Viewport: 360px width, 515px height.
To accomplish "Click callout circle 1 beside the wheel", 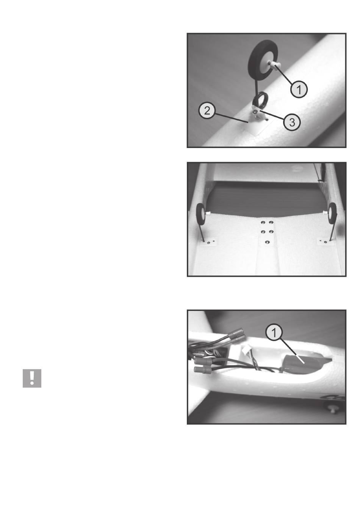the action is click(x=299, y=89).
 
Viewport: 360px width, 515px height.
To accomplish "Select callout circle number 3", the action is click(x=292, y=122).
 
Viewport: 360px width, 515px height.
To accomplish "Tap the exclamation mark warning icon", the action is click(x=32, y=378).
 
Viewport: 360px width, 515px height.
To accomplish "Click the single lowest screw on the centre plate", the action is click(x=267, y=242).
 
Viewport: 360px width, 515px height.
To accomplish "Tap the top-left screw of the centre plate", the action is click(x=263, y=223).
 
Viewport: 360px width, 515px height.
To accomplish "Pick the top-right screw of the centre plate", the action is click(x=271, y=223).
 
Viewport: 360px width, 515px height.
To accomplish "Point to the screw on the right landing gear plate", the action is click(x=325, y=242).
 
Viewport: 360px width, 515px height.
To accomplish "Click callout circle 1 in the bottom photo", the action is click(x=274, y=332).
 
